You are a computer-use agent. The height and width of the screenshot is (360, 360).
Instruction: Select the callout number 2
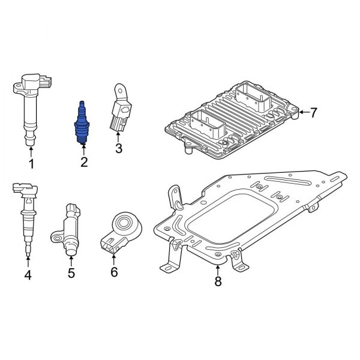point(83,161)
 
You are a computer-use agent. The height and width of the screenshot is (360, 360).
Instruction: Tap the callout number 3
point(118,148)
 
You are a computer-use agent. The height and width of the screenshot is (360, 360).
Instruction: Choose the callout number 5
point(71,274)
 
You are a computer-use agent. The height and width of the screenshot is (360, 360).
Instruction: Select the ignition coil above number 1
point(31,108)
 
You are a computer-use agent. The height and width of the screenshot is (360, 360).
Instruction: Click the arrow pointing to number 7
point(304,112)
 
